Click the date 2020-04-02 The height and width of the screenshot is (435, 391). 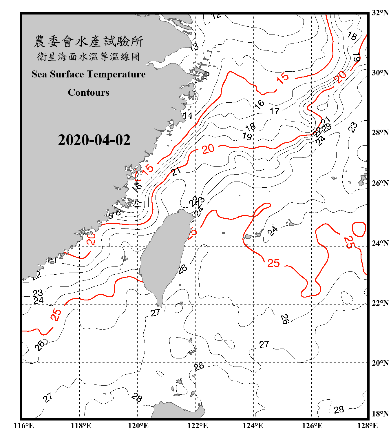[94, 140]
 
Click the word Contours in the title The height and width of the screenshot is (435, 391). [89, 93]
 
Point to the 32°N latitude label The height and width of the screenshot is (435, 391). [380, 13]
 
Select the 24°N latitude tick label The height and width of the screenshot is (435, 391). [380, 243]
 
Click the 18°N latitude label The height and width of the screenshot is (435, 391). [380, 414]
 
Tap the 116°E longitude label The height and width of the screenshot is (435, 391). [24, 426]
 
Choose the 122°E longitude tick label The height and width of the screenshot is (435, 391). [198, 426]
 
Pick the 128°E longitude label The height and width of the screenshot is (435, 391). [367, 426]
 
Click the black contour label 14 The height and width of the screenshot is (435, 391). [188, 116]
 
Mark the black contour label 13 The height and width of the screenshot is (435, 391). [194, 47]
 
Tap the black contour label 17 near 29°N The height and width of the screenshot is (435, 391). [275, 111]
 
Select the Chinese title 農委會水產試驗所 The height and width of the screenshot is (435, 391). [89, 41]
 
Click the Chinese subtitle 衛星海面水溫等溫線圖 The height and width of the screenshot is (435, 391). [89, 57]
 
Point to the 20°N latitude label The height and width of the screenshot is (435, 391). [380, 363]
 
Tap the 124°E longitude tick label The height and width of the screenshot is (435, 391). [253, 426]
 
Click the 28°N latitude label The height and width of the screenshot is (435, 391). [380, 133]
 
